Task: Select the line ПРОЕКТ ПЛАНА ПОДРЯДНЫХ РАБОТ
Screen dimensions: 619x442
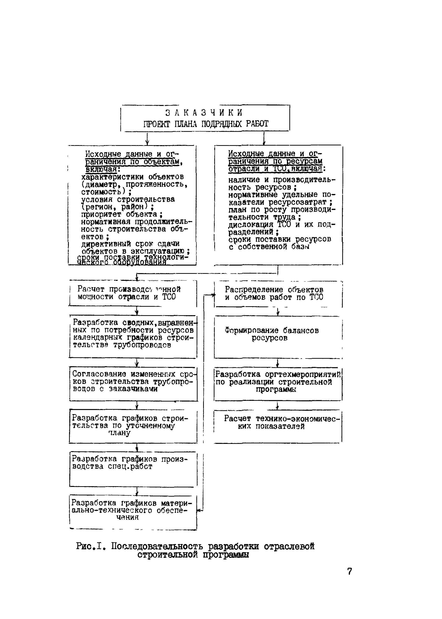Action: point(206,124)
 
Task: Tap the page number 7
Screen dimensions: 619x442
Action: point(350,571)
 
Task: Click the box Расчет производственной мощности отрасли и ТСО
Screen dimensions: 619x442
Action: point(133,293)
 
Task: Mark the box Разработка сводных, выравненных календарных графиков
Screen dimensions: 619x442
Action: point(133,337)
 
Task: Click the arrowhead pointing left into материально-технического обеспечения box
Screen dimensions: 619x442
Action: point(199,511)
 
